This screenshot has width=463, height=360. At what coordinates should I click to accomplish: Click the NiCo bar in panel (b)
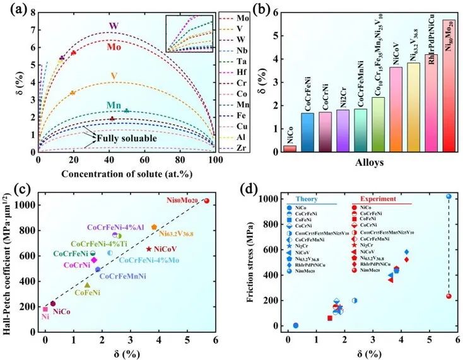click(x=290, y=148)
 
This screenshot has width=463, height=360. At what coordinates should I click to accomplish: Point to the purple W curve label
click(x=114, y=26)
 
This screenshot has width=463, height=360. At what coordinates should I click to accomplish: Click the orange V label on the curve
click(x=114, y=76)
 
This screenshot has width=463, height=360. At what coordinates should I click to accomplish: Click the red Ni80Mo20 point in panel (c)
click(x=206, y=201)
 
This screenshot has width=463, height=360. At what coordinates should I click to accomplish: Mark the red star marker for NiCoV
click(x=148, y=249)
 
